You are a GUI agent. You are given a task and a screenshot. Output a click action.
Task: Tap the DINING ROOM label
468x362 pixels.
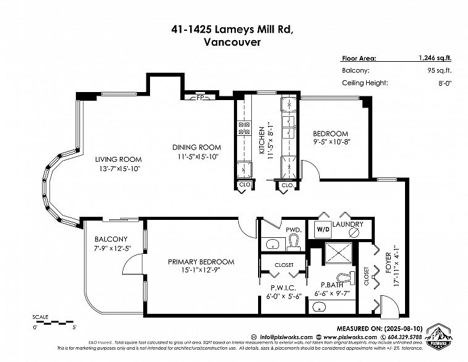(197, 147)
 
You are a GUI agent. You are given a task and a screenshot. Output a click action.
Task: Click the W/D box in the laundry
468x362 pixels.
(323, 229)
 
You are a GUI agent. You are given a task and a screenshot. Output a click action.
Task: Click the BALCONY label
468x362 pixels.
(111, 239)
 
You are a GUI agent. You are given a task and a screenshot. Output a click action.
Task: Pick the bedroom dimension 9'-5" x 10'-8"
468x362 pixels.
(330, 142)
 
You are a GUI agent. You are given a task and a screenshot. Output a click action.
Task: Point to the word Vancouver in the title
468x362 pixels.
(233, 43)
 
